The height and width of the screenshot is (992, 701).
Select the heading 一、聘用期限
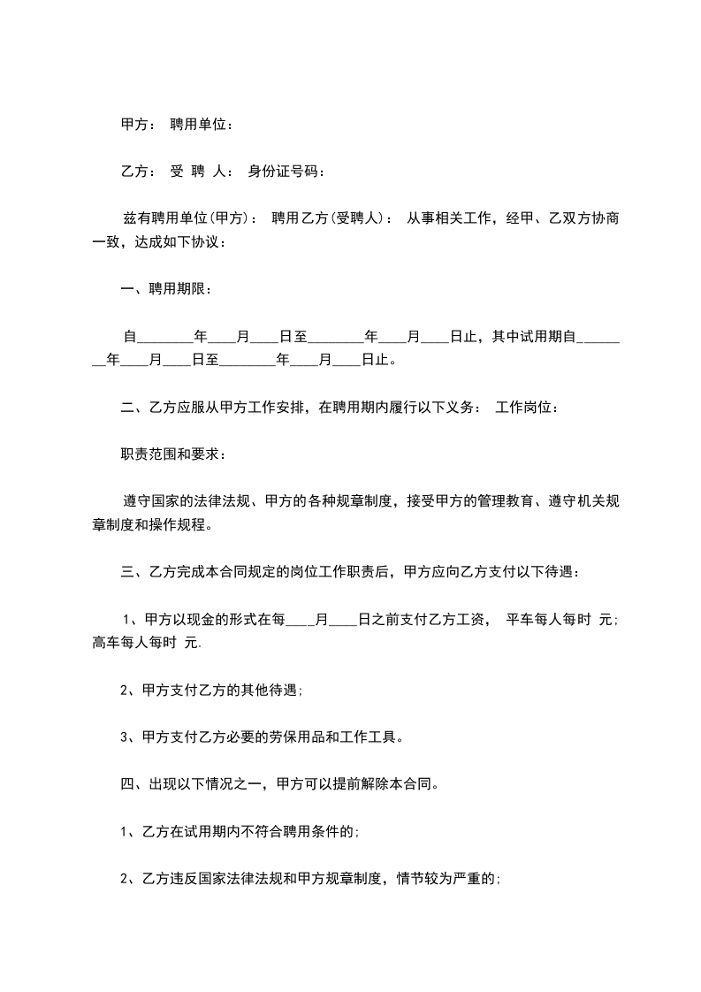(x=166, y=288)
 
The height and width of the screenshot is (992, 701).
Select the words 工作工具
(x=384, y=736)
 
